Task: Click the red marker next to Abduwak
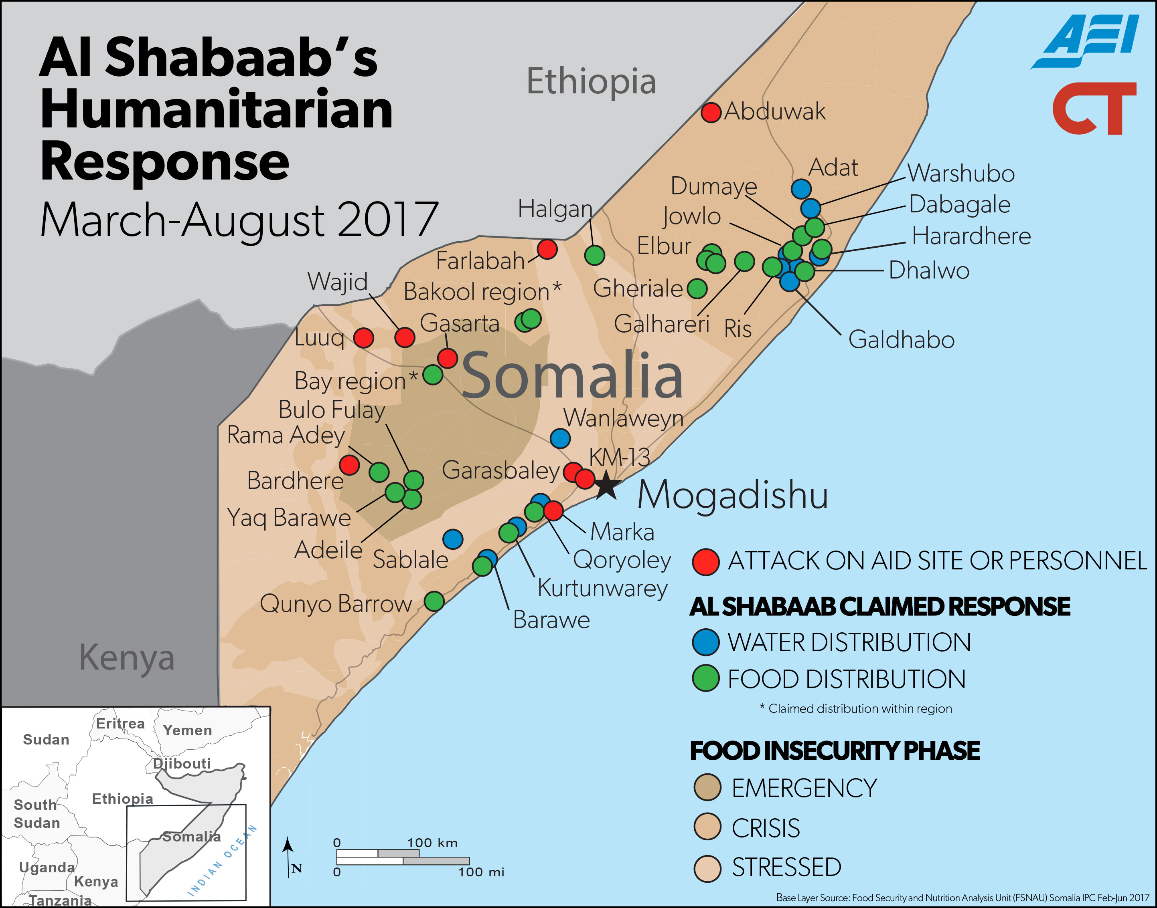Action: tap(711, 112)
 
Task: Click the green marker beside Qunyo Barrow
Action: tap(434, 601)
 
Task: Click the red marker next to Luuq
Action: tap(364, 337)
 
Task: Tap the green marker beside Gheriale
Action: tap(697, 289)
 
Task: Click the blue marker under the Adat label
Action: tap(801, 188)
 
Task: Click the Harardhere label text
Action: tap(971, 236)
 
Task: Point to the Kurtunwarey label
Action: tap(602, 588)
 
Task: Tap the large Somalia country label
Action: tap(572, 376)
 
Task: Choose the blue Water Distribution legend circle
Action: tap(706, 642)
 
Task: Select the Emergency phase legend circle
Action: tap(707, 787)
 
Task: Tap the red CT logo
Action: tap(1094, 109)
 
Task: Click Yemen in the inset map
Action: tap(187, 730)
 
